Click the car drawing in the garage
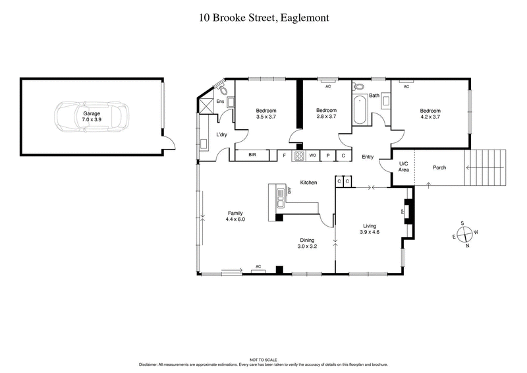point(92,117)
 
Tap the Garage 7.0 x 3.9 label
point(92,117)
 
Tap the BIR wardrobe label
point(252,156)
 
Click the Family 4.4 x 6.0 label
point(236,215)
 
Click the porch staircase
point(485,167)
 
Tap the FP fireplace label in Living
point(402,212)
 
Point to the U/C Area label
point(404,167)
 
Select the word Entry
point(368,156)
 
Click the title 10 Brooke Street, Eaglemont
point(264,18)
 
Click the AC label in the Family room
point(258,266)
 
